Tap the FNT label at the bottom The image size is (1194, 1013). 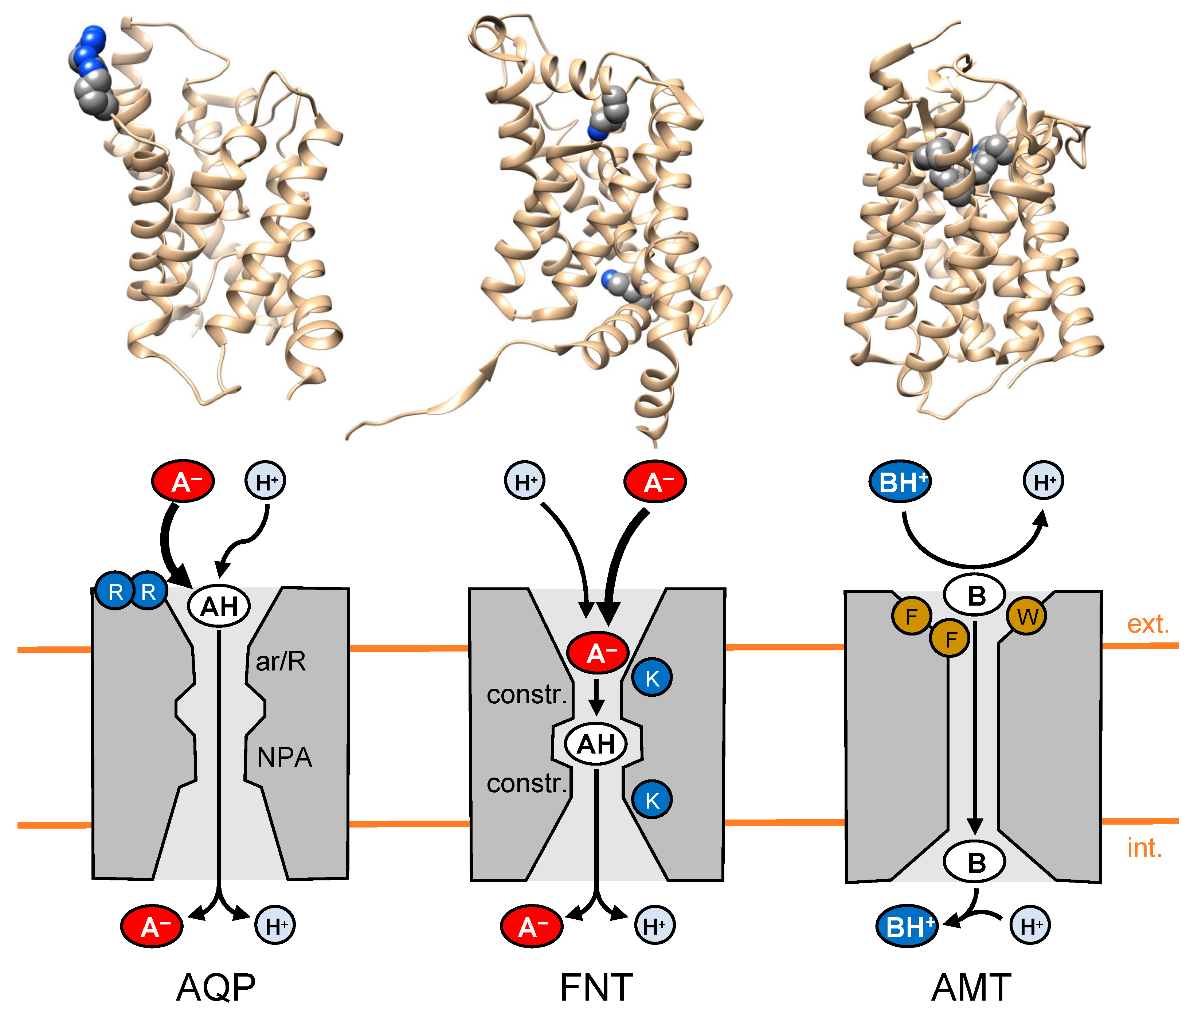(596, 987)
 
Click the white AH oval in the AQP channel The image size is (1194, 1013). (219, 606)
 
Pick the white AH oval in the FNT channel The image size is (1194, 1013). (596, 744)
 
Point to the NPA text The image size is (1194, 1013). (284, 758)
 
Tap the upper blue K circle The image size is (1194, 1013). (652, 678)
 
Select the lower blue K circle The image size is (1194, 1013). (652, 800)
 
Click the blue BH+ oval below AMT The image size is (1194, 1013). (907, 927)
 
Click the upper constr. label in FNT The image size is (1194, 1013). (526, 695)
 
